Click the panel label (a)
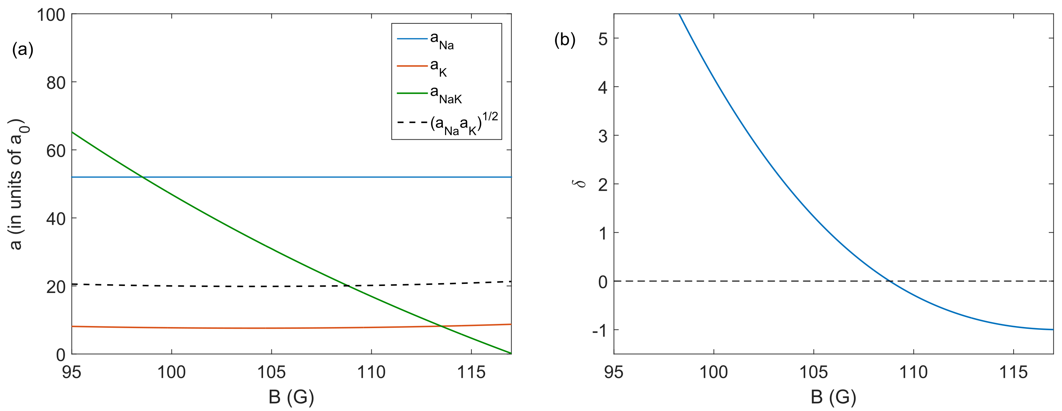coord(23,49)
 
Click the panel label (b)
coord(565,40)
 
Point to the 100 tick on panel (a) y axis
coord(51,15)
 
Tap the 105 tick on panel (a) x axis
coord(271,373)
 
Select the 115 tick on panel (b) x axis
coord(1013,373)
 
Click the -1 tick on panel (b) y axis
coord(600,330)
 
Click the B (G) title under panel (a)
coord(291,397)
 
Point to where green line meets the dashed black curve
coord(348,286)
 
